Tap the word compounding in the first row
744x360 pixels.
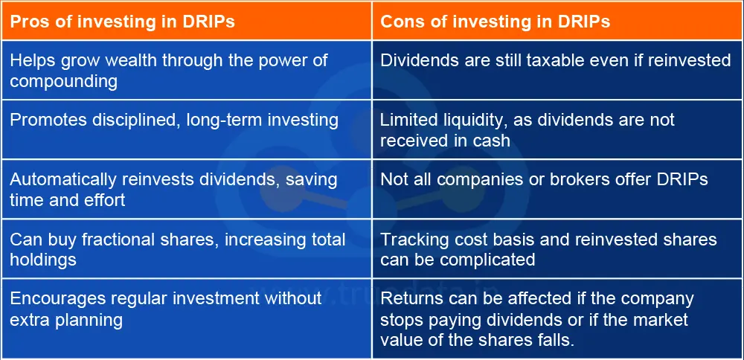pos(63,81)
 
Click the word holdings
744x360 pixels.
pos(41,259)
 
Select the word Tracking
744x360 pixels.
pos(410,240)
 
